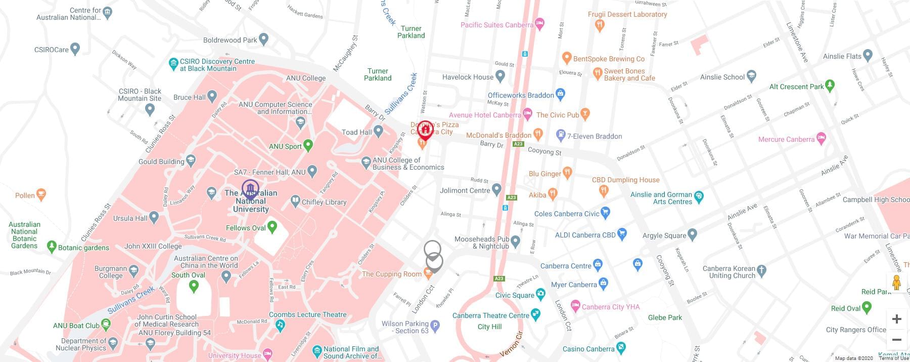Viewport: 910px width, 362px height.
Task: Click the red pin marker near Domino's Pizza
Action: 425,130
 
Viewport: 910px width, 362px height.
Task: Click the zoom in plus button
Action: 896,319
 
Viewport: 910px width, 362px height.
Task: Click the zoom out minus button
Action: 896,340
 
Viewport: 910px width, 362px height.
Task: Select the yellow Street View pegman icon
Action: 896,283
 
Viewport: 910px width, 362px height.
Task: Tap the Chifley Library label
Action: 324,202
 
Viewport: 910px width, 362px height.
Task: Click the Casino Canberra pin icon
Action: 621,348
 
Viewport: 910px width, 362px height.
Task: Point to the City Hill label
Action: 489,327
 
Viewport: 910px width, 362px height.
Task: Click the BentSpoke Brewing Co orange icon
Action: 567,59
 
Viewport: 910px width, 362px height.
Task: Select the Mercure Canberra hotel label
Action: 786,139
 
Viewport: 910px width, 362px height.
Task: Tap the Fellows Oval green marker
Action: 272,227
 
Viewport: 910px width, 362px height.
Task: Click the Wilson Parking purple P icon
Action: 434,326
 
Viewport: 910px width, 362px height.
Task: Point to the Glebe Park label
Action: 665,317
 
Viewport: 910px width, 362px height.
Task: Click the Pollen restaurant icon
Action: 41,194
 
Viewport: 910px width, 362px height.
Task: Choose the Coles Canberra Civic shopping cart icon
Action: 605,213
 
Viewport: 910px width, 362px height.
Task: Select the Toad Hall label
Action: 356,132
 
